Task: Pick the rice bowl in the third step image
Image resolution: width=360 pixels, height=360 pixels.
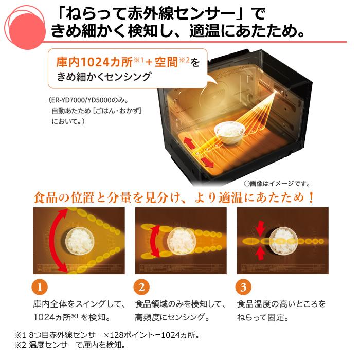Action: coord(282,240)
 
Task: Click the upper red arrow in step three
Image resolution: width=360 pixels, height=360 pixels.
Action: coord(260,227)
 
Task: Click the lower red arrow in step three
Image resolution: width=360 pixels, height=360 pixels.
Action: coord(260,252)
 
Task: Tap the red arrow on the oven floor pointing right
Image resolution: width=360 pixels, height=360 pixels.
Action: coord(207,163)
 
